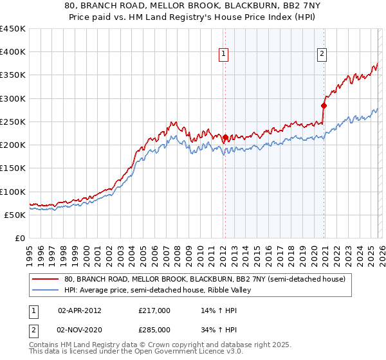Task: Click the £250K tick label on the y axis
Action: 13,122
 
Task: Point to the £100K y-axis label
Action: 13,192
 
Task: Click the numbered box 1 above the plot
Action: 223,55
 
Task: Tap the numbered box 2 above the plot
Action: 322,55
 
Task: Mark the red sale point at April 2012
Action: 225,137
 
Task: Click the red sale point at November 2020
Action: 324,105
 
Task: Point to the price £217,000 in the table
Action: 154,310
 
